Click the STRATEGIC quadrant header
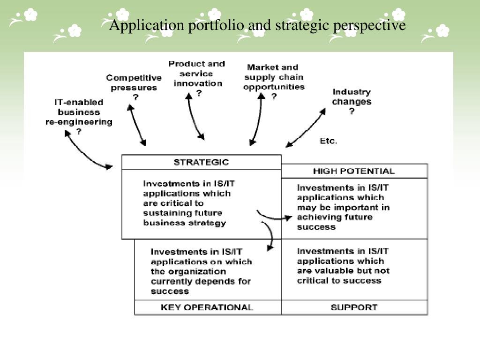point(201,162)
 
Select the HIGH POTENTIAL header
point(354,171)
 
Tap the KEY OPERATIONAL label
point(207,307)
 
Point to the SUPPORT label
point(354,307)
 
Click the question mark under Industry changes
point(351,112)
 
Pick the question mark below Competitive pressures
point(135,97)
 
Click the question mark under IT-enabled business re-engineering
point(78,132)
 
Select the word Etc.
point(328,141)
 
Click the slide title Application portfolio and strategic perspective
point(257,25)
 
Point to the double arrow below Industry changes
point(306,128)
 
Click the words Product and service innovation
point(197,74)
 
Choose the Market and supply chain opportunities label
point(274,77)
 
